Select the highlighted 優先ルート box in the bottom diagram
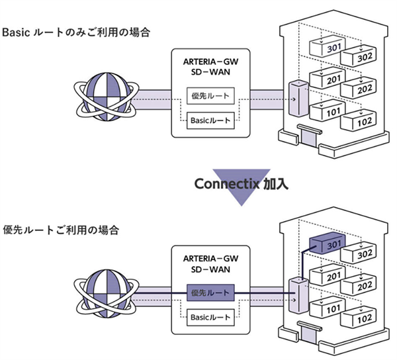210,292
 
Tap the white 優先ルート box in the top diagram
210,97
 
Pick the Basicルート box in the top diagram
210,121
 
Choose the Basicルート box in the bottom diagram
210,316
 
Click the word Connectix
227,183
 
